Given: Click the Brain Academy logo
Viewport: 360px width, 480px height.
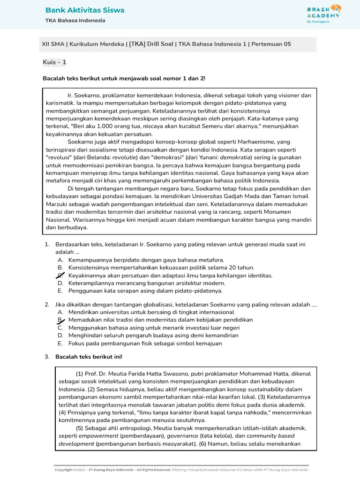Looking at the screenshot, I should click(x=324, y=14).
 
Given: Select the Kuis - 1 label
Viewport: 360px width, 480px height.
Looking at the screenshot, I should click(x=54, y=62).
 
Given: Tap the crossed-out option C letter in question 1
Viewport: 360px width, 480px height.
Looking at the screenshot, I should click(x=60, y=276).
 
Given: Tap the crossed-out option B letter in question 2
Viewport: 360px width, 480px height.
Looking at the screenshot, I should click(x=60, y=320).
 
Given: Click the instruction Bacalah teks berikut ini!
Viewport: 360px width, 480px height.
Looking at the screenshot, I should click(x=89, y=357).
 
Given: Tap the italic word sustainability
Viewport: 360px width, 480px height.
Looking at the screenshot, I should click(x=266, y=389).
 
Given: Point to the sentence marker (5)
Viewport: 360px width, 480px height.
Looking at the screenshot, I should click(x=80, y=428).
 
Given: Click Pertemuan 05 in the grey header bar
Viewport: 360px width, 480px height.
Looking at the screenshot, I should click(x=271, y=44).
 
